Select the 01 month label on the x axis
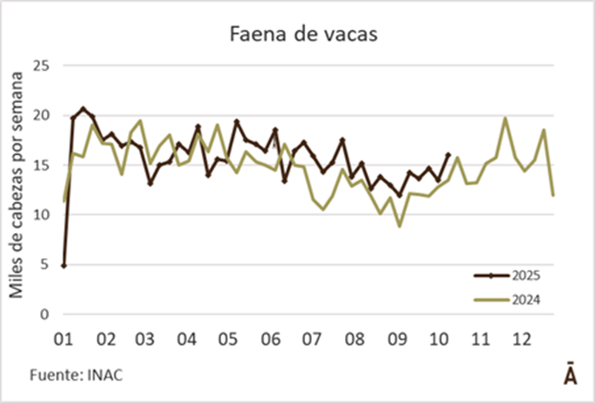pyautogui.click(x=64, y=339)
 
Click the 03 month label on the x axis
pyautogui.click(x=145, y=339)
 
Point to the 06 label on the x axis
pyautogui.click(x=270, y=339)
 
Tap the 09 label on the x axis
pyautogui.click(x=395, y=339)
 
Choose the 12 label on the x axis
pyautogui.click(x=520, y=339)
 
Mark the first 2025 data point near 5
pyautogui.click(x=64, y=266)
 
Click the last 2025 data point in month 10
pyautogui.click(x=448, y=155)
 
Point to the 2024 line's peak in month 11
pyautogui.click(x=506, y=118)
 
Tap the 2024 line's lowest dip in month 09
pyautogui.click(x=399, y=225)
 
